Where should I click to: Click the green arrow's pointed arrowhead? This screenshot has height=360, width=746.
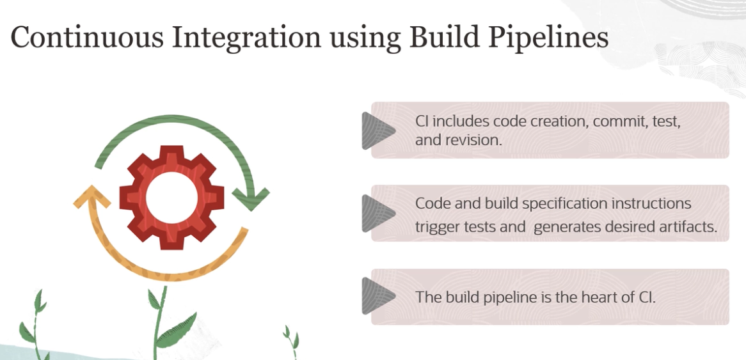[x=250, y=199]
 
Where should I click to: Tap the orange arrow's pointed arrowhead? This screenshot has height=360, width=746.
[x=91, y=196]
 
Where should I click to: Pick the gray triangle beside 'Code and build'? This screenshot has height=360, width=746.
[x=378, y=214]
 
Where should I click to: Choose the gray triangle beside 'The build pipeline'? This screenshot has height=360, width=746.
[x=378, y=297]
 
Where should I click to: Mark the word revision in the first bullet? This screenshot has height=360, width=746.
[x=472, y=141]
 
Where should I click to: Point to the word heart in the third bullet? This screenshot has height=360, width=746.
[x=597, y=298]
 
